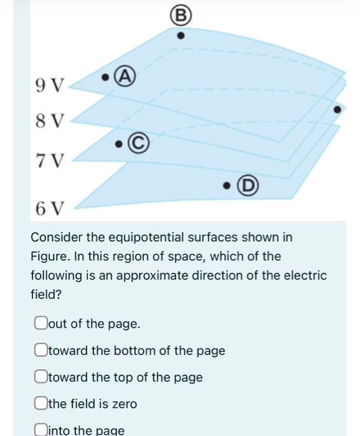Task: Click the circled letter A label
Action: click(x=126, y=77)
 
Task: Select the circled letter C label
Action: click(x=138, y=143)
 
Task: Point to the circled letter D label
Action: click(x=249, y=186)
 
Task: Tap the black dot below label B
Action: click(x=181, y=36)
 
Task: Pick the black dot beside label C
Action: click(x=118, y=145)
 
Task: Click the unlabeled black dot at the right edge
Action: click(x=338, y=110)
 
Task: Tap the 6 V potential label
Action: click(x=49, y=208)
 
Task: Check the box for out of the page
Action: click(x=41, y=323)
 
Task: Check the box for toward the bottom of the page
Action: click(x=41, y=350)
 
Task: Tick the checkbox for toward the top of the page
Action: click(x=41, y=377)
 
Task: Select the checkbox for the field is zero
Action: click(x=41, y=404)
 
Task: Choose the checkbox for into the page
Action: click(x=41, y=430)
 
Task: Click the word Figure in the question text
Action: click(x=49, y=257)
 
